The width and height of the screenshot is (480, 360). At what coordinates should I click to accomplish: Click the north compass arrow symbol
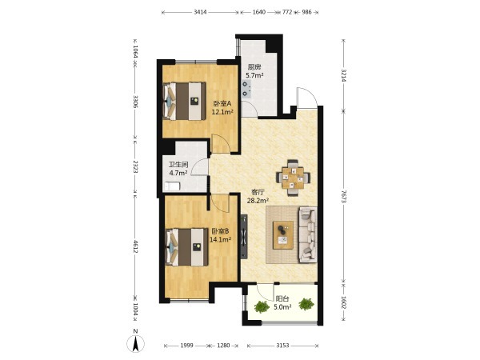tap(136, 343)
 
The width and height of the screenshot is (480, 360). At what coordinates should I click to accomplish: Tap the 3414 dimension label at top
tap(200, 12)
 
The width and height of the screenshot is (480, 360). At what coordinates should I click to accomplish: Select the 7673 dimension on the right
tap(343, 197)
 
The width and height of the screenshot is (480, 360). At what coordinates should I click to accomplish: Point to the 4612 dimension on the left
tap(135, 246)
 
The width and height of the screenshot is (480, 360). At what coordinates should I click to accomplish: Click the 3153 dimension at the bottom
tap(282, 346)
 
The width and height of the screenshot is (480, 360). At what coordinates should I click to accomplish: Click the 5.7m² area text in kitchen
tap(254, 75)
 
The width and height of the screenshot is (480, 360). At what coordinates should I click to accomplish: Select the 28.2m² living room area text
tap(258, 201)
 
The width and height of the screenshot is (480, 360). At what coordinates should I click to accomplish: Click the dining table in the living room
tap(293, 178)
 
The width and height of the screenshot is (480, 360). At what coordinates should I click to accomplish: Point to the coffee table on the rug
tap(283, 235)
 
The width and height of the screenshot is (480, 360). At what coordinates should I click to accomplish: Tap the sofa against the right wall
tap(308, 234)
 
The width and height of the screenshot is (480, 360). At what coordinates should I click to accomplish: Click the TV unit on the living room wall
tap(244, 236)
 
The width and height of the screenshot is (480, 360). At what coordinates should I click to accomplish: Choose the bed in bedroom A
tap(184, 101)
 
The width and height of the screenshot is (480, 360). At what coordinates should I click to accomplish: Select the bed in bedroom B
tap(186, 247)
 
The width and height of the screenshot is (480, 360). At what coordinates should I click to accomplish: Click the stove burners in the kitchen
tap(245, 88)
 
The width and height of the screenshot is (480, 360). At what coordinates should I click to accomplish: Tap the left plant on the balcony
tap(262, 306)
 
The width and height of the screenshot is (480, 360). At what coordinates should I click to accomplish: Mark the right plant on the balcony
tap(306, 304)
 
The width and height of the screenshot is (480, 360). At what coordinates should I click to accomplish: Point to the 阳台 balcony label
tap(282, 298)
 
